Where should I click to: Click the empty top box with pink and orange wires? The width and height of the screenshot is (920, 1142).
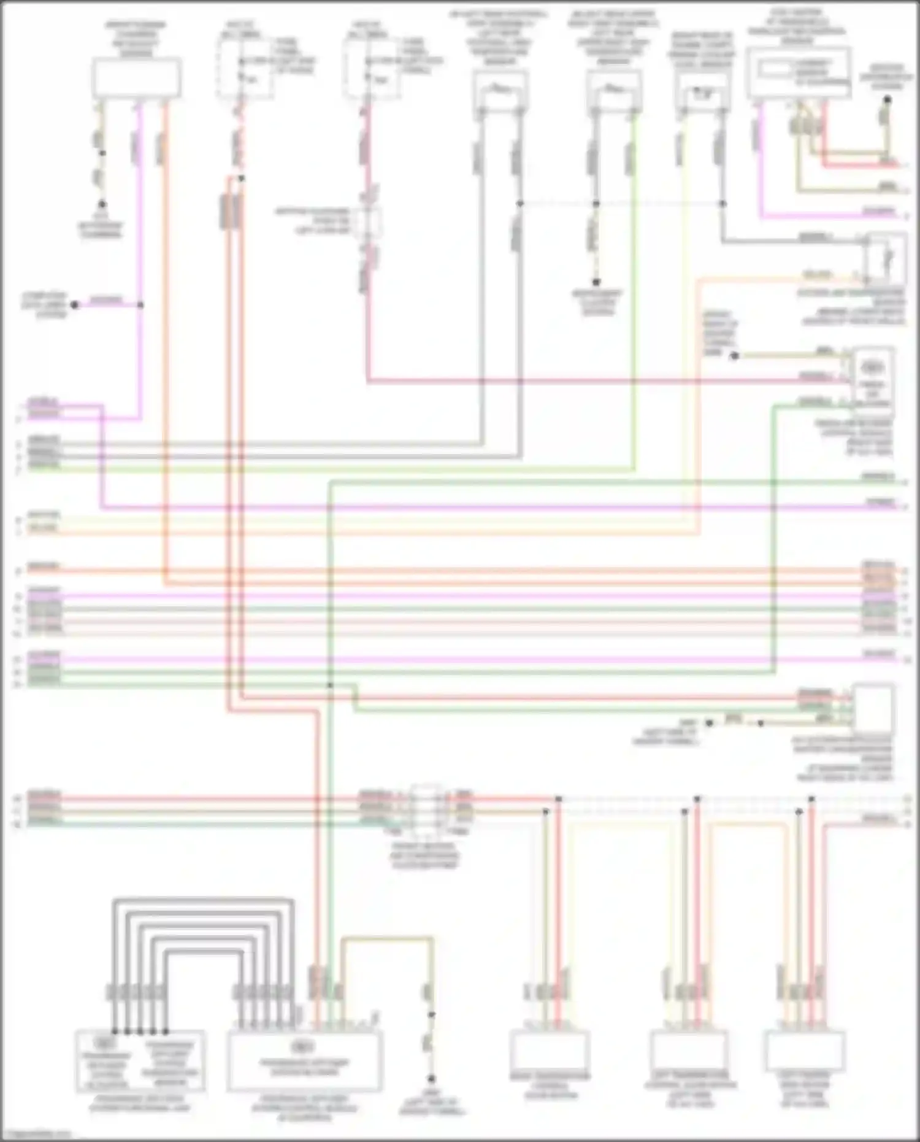(x=136, y=77)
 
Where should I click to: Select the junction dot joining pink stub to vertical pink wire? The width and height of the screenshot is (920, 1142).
(x=140, y=304)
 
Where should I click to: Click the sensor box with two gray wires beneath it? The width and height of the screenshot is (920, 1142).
(x=500, y=91)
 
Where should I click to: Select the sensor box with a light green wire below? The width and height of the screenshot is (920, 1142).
(x=614, y=91)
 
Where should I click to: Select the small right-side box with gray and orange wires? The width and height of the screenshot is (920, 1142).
(x=886, y=258)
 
